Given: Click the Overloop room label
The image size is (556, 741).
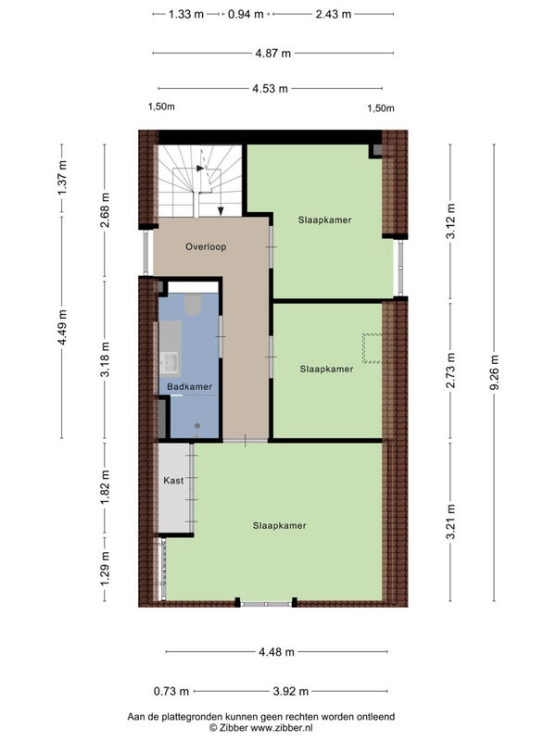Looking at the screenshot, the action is (x=206, y=246).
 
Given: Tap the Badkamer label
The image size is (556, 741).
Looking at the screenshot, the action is (x=190, y=386).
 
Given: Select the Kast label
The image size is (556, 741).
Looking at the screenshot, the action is (x=173, y=480).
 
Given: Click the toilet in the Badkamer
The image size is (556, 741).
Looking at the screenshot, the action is (x=193, y=305).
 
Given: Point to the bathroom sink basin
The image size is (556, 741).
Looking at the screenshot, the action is (x=169, y=362).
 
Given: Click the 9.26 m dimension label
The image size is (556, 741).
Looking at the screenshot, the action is (x=494, y=372).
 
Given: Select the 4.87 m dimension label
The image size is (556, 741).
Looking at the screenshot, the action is (x=272, y=54).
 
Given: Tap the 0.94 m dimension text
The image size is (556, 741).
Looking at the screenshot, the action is (x=246, y=14).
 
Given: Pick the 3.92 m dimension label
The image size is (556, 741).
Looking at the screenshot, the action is (x=291, y=691).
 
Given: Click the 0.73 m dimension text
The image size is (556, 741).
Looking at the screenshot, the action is (x=171, y=691).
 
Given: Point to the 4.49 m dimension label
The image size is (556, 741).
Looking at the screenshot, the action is (x=62, y=327).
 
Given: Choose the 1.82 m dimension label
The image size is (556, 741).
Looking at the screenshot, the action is (x=105, y=487).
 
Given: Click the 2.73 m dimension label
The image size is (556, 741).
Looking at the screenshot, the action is (x=450, y=370).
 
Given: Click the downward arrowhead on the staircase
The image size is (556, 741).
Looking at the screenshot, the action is (x=221, y=211).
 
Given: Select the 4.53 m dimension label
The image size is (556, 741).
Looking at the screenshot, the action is (x=270, y=88).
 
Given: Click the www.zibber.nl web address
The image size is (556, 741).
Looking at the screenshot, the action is (x=282, y=728).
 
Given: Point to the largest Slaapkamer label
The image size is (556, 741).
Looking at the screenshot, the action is (x=280, y=525).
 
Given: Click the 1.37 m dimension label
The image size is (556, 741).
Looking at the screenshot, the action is (x=62, y=177).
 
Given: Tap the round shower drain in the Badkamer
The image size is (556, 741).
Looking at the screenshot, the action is (x=197, y=426).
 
